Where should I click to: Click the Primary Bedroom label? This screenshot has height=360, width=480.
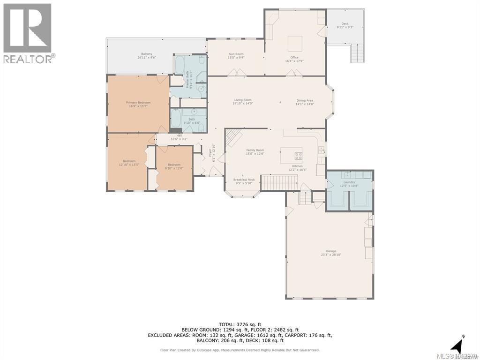click(x=138, y=104)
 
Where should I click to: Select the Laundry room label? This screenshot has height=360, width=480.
click(x=349, y=184)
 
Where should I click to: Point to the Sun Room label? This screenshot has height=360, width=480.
click(x=236, y=56)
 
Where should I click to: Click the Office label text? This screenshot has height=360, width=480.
click(x=294, y=59)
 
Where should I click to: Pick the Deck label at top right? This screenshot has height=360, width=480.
click(x=345, y=25)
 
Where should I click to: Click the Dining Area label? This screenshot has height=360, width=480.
click(x=304, y=102)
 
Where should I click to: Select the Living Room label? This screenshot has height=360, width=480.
click(x=243, y=102)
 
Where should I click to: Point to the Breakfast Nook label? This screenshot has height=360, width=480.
click(x=244, y=181)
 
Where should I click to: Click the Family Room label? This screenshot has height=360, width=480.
click(x=255, y=152)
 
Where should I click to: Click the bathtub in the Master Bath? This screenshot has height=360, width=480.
click(x=180, y=65)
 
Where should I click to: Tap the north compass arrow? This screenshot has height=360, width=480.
click(x=457, y=347)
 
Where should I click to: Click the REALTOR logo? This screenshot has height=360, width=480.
click(x=28, y=33)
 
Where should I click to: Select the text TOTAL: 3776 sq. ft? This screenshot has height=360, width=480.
click(x=240, y=324)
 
